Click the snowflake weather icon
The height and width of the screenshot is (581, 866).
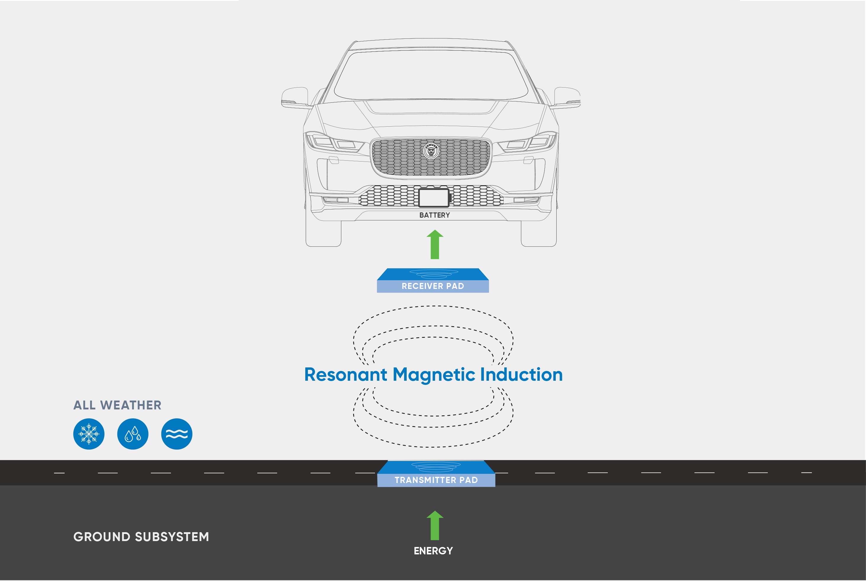[89, 434]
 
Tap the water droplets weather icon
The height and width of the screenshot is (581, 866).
[133, 434]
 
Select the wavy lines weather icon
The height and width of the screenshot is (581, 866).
[177, 434]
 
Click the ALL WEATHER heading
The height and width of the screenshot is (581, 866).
[117, 405]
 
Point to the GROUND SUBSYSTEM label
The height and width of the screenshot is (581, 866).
[141, 537]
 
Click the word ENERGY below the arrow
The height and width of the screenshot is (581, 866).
[433, 551]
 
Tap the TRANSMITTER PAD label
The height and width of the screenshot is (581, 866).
[436, 480]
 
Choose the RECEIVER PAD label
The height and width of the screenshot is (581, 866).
[433, 286]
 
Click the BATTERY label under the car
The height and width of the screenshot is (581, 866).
[434, 215]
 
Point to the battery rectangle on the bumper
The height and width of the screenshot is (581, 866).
[434, 198]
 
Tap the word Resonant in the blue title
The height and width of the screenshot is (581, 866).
[345, 374]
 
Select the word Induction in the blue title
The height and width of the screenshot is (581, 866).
[521, 374]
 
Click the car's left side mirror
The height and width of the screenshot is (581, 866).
[295, 97]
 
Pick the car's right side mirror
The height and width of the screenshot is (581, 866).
[567, 97]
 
